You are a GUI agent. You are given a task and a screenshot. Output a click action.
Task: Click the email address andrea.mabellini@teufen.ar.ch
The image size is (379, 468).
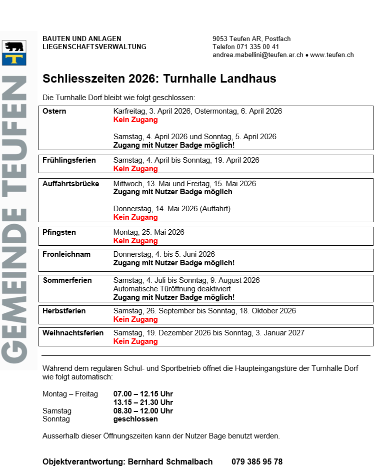[x=257, y=55]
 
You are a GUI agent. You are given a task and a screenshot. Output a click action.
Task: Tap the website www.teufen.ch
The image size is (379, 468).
[x=332, y=55]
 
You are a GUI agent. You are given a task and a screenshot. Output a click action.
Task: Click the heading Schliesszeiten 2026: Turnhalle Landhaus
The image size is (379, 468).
[x=159, y=79]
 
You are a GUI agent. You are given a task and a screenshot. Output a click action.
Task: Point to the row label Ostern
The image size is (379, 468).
[x=54, y=111]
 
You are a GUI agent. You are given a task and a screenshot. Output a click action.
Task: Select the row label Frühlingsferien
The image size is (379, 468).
[x=69, y=160]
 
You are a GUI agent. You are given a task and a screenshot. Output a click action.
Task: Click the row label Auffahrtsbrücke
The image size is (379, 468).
[x=71, y=184]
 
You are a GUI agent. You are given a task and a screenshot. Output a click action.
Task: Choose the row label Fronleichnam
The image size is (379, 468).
[x=66, y=254]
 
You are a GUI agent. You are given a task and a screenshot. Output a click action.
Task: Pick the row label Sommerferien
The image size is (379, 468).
[x=67, y=280]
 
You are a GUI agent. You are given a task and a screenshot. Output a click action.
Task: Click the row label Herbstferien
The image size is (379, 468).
[x=64, y=311]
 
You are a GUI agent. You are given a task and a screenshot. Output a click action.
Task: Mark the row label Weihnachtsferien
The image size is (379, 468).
[x=73, y=333]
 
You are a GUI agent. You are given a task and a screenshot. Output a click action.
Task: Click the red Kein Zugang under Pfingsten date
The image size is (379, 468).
[x=135, y=241]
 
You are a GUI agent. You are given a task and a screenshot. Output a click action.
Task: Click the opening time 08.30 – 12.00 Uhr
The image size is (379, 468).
[x=143, y=411]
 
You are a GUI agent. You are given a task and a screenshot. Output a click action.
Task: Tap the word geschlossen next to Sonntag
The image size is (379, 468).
[x=135, y=419]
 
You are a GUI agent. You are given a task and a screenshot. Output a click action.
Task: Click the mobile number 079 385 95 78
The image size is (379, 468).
[x=256, y=461]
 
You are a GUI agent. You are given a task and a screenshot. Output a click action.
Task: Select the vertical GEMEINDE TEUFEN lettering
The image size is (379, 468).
[x=14, y=220]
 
